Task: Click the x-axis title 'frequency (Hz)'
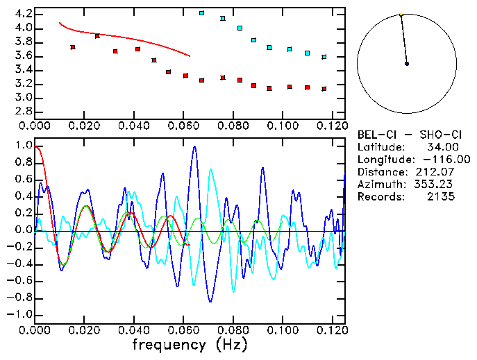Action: coord(188,344)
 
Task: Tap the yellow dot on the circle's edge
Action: coord(401,14)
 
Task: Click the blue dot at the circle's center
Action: coord(407,64)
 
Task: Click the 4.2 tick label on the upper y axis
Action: coord(23,14)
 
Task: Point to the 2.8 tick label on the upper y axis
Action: coord(23,111)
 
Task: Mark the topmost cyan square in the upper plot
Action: coord(201,13)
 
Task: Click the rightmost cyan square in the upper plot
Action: coord(324,57)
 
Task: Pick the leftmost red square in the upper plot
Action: coord(73,47)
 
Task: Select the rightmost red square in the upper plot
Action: coord(324,89)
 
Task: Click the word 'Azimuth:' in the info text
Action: coord(379,185)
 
